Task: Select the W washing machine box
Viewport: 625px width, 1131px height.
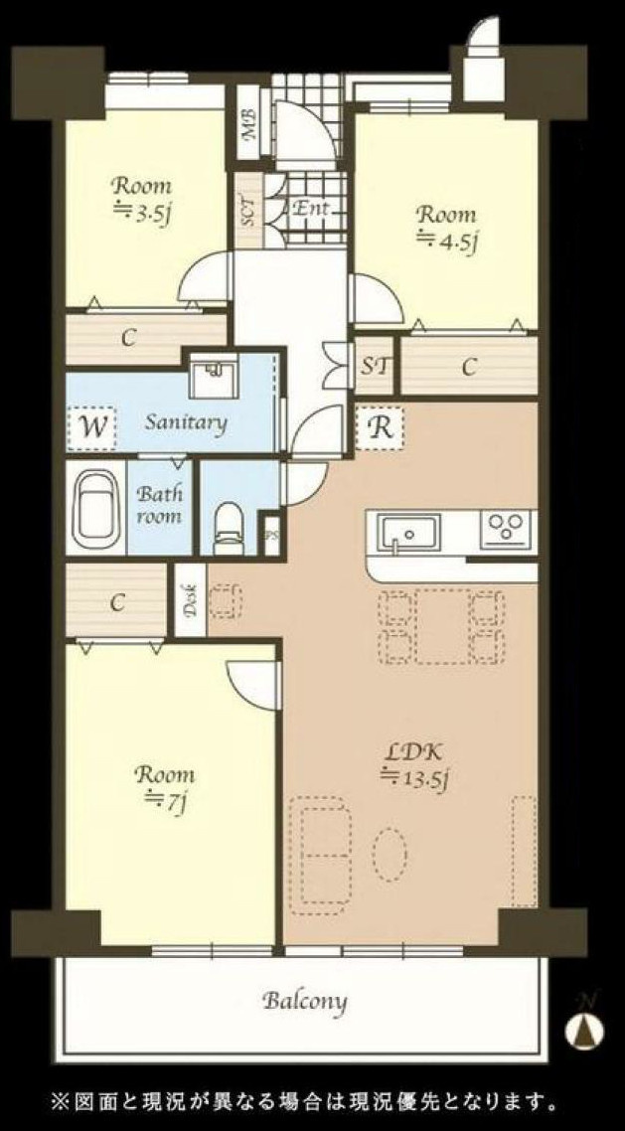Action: (92, 427)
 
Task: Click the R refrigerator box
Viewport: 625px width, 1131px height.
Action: (381, 428)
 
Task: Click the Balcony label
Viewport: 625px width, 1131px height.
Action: (304, 1001)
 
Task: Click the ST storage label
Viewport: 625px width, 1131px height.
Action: (375, 366)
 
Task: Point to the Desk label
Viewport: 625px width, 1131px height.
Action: (191, 598)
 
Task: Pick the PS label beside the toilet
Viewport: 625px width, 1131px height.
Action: (271, 536)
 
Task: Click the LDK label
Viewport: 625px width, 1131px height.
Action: (413, 752)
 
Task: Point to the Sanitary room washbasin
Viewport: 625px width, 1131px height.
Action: (214, 375)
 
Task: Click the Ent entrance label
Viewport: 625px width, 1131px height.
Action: (311, 209)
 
